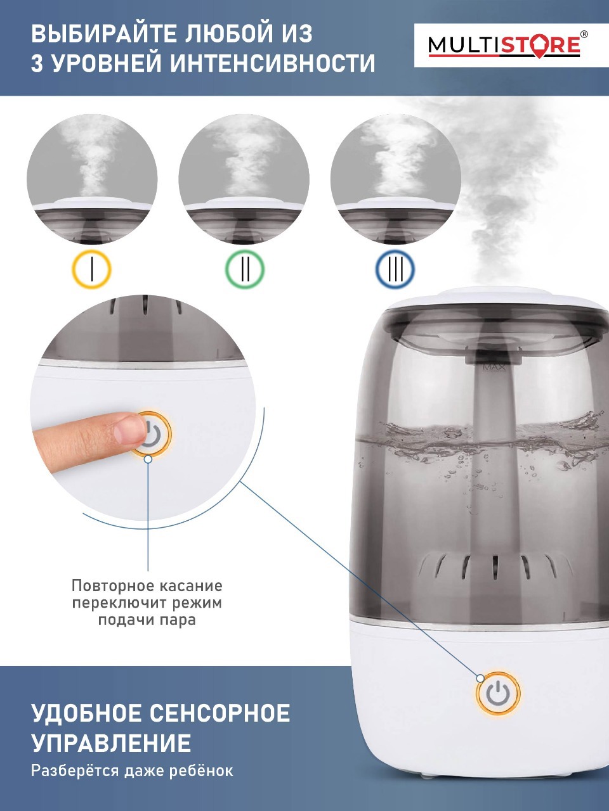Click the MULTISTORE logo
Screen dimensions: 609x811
504,46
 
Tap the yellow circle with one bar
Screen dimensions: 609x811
92,269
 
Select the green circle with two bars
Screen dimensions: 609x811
245,269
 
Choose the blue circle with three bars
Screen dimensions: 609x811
395,269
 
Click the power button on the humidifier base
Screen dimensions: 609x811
498,694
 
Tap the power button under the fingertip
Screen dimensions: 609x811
152,435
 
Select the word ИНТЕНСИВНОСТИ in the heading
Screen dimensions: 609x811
273,63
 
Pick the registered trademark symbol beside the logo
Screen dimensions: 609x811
584,34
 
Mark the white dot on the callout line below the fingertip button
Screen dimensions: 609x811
148,459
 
